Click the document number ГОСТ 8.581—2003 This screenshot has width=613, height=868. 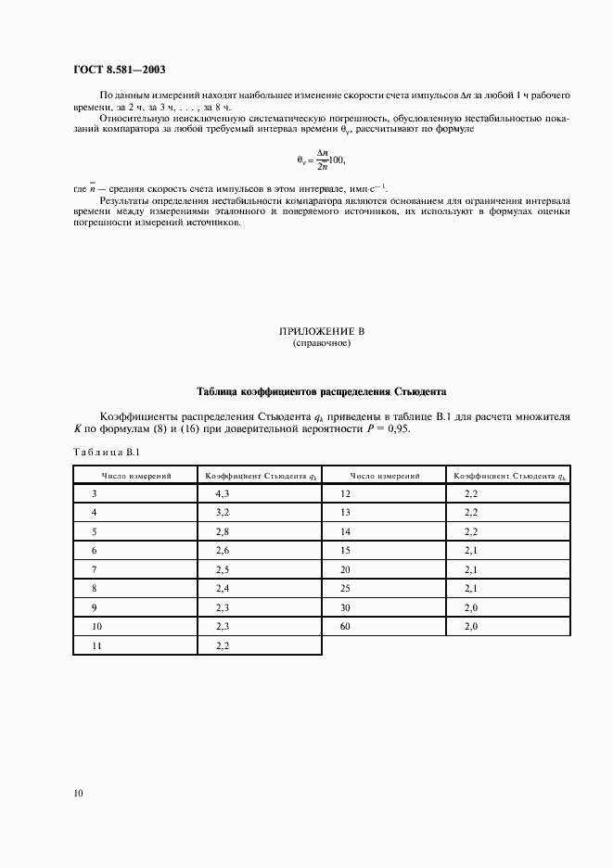120,70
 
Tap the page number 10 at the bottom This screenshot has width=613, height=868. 78,793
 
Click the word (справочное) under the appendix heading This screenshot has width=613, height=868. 321,343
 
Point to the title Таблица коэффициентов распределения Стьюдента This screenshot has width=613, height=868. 321,391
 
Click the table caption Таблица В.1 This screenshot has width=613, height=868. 106,452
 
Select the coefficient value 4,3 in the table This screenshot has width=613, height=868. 222,495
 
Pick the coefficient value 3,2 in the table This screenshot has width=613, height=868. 222,513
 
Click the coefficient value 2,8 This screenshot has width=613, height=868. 222,531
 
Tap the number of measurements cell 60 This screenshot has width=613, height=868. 345,628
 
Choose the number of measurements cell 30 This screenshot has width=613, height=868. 345,608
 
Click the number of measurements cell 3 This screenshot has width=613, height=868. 94,495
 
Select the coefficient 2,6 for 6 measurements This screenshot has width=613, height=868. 222,551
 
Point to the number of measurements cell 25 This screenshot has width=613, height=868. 345,589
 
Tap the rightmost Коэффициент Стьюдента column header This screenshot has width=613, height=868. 509,476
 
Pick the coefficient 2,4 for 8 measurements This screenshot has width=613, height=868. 222,589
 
